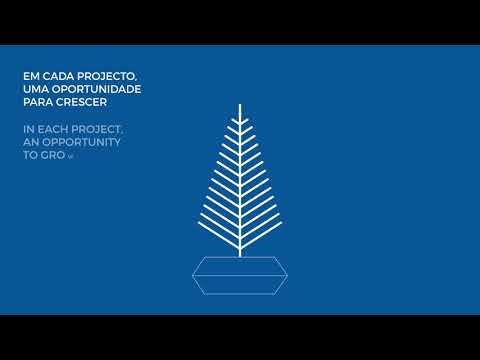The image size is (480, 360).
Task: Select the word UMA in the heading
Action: (x=33, y=89)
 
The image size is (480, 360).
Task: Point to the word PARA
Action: (x=37, y=103)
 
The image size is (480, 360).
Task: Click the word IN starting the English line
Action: (x=28, y=130)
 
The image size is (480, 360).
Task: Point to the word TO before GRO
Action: (x=29, y=158)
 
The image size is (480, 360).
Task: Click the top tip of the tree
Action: (x=240, y=104)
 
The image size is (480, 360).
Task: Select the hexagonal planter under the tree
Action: (x=240, y=275)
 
